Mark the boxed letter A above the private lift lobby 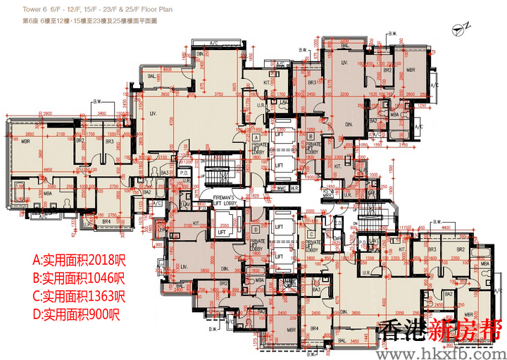pos(256,137)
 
